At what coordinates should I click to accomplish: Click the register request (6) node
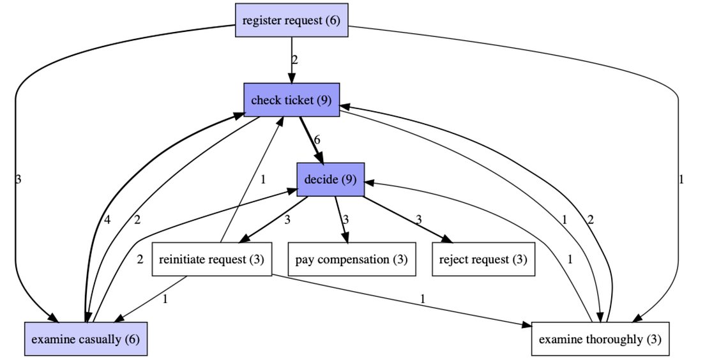(x=291, y=20)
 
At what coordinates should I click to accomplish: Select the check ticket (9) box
(x=291, y=100)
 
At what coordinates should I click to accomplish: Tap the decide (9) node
(x=330, y=179)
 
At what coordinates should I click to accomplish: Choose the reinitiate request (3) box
(x=211, y=260)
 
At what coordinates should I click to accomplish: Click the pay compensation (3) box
(x=351, y=260)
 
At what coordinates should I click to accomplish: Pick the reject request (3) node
(x=483, y=260)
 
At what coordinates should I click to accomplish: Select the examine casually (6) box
(x=86, y=339)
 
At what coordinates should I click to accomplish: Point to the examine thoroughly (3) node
(x=600, y=339)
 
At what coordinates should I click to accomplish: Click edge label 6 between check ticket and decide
(x=317, y=140)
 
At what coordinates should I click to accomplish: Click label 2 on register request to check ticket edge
(x=295, y=61)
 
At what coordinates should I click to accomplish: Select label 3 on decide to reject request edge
(x=419, y=220)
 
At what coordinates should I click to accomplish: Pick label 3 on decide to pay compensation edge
(x=345, y=220)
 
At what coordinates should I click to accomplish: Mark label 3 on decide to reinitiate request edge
(x=287, y=220)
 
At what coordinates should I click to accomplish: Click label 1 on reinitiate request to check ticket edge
(x=262, y=179)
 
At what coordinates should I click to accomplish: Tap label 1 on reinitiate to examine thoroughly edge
(x=422, y=298)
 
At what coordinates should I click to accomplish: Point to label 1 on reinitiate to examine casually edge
(x=165, y=299)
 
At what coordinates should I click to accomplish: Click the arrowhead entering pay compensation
(x=345, y=239)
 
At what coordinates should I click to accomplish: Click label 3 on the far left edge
(x=17, y=179)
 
